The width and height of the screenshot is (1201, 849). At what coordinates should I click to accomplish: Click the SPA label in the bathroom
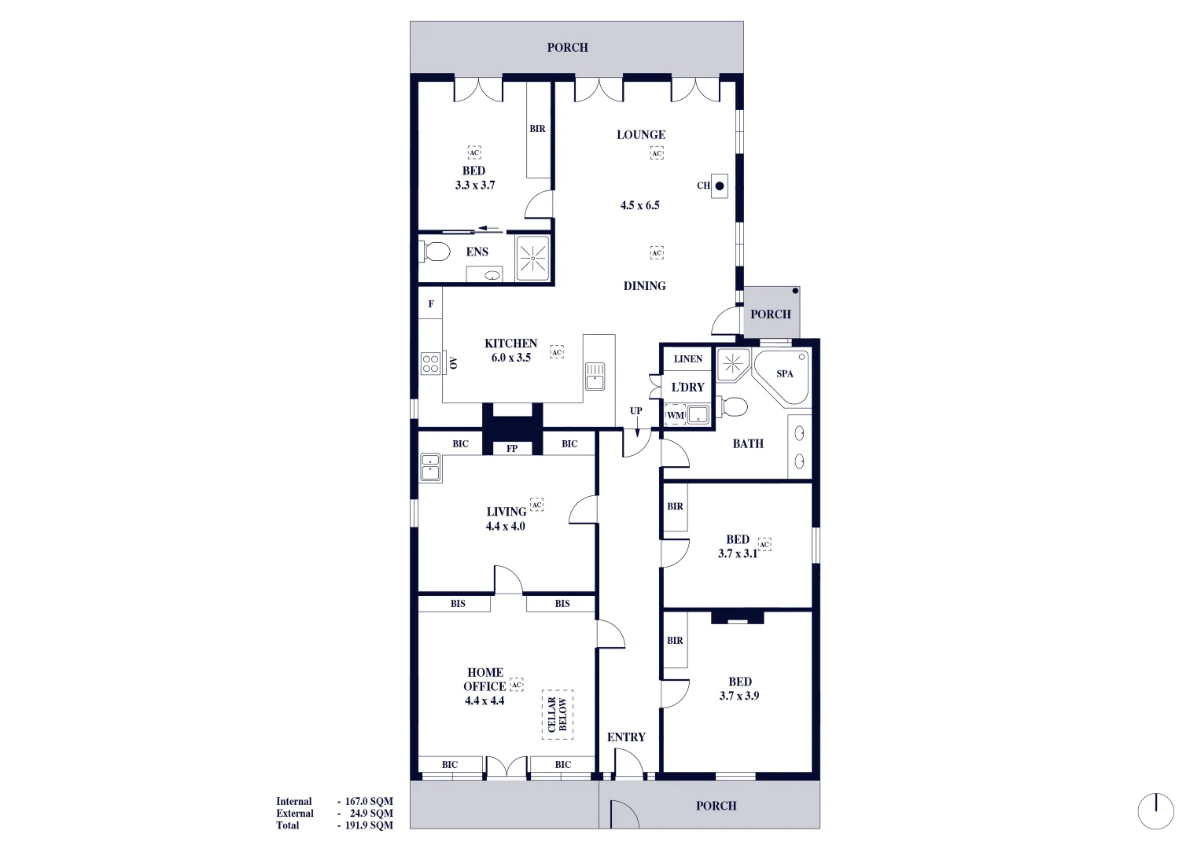point(784,374)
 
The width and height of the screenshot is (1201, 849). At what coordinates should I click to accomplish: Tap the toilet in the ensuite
point(435,252)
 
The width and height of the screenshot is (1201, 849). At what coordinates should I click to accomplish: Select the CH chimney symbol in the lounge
point(719,186)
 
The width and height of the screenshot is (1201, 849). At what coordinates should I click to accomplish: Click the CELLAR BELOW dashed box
point(557,715)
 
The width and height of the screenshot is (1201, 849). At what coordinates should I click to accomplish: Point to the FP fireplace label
point(512,449)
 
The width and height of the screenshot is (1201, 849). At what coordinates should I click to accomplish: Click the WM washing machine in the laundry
point(675,415)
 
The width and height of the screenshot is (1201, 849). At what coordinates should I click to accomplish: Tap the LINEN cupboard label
point(688,359)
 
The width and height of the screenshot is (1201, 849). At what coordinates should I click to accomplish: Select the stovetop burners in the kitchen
point(429,363)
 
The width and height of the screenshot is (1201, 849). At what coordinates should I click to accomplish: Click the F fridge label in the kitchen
point(430,304)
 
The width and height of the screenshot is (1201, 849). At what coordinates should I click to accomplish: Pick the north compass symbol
point(1155,811)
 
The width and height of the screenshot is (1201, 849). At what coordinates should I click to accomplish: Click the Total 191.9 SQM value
point(368,825)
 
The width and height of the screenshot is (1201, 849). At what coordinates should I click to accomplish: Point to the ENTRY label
point(626,737)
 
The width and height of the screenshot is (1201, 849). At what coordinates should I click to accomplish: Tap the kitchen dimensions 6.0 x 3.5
point(511,358)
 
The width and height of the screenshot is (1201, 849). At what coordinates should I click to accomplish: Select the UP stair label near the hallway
point(635,411)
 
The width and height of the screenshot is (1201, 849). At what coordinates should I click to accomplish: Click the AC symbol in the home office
point(516,685)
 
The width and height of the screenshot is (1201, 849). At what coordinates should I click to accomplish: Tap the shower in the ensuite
point(532,257)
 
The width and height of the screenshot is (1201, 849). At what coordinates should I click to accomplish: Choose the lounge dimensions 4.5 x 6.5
point(639,206)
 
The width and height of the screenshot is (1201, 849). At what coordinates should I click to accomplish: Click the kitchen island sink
point(595,377)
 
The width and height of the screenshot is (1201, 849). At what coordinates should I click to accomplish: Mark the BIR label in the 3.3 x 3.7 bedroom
point(537,129)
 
